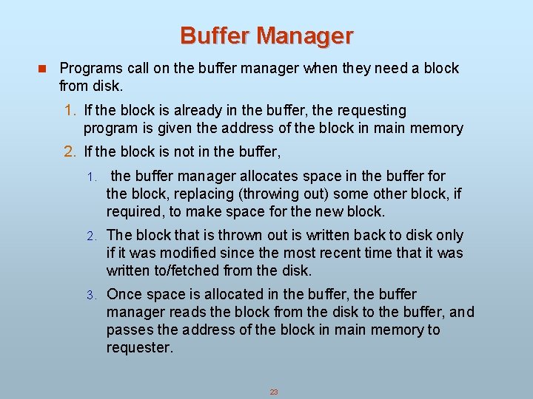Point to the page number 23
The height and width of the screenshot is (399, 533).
click(273, 392)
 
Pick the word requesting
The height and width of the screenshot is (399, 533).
click(371, 111)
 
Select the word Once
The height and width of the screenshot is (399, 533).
click(124, 295)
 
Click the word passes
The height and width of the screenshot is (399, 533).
click(130, 330)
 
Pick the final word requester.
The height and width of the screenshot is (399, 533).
click(139, 348)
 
